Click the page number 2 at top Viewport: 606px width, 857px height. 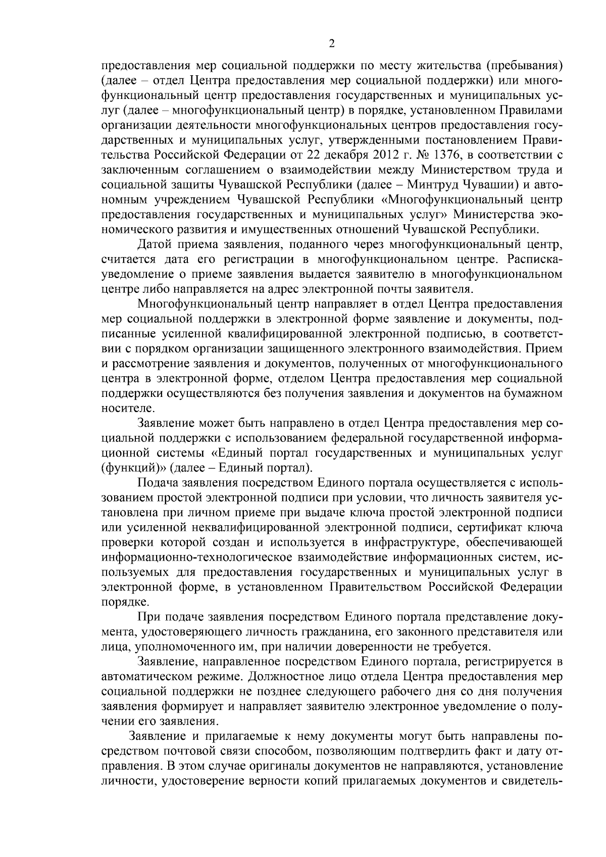[332, 44]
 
